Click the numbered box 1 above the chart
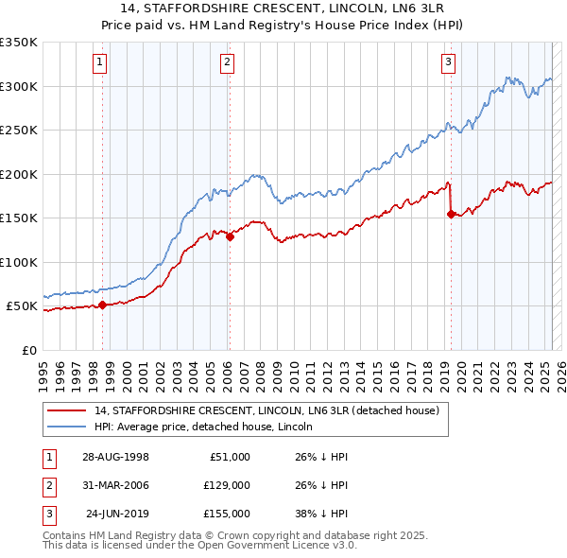100,63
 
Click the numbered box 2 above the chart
228,63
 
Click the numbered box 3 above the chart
448,63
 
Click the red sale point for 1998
103,305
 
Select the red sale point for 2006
230,237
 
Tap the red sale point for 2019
451,215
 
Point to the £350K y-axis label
19,43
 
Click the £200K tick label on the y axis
19,174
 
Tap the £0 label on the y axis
27,350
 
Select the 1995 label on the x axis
43,370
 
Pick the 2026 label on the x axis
561,370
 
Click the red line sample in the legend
66,411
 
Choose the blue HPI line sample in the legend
66,427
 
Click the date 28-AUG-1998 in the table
115,457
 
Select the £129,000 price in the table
228,485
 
